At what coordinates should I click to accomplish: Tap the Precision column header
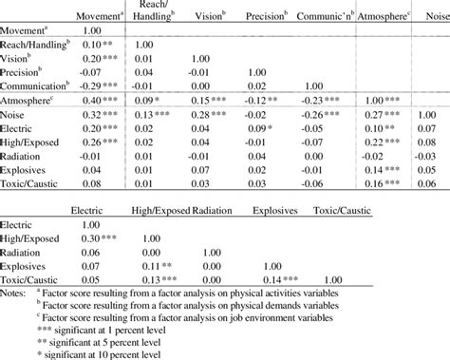[268, 17]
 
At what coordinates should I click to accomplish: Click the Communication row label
[40, 84]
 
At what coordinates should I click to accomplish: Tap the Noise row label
[21, 113]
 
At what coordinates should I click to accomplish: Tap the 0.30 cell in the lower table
[111, 239]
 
